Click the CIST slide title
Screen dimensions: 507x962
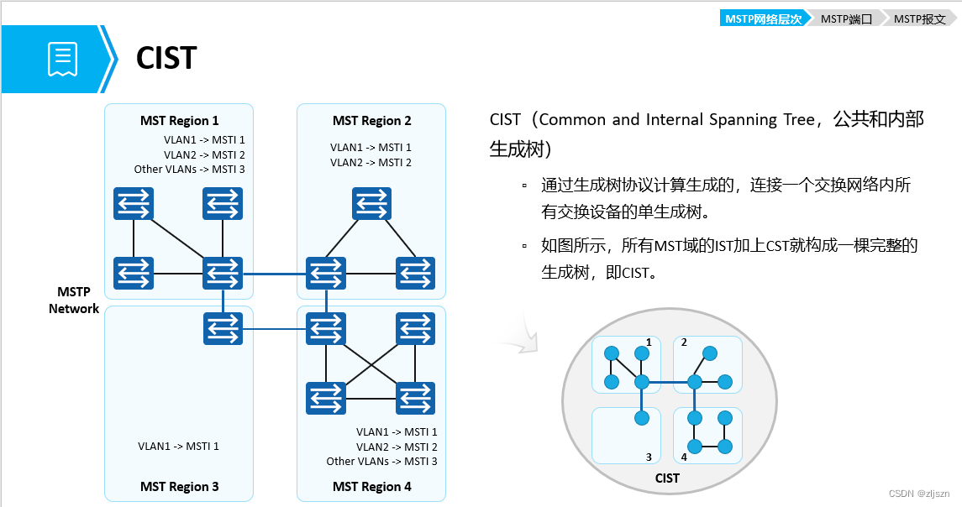(x=166, y=58)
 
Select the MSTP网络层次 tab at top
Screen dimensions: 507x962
(x=762, y=18)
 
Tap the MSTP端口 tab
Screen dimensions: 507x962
(x=846, y=18)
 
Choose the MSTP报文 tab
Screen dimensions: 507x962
(x=919, y=18)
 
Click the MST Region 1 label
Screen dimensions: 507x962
(x=179, y=121)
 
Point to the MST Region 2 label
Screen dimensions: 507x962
(x=371, y=121)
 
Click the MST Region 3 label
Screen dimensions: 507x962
(x=179, y=487)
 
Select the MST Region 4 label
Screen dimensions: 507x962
(x=371, y=487)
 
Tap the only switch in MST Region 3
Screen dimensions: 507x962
(x=223, y=327)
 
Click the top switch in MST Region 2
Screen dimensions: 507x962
(x=371, y=203)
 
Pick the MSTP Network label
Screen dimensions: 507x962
(x=74, y=301)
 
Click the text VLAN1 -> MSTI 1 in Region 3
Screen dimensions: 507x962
(x=178, y=447)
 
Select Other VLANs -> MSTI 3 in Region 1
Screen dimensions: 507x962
(x=189, y=170)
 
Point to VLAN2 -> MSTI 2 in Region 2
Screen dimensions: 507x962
(x=371, y=162)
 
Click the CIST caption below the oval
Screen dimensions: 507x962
(x=666, y=478)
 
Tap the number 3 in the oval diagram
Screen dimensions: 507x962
(x=649, y=457)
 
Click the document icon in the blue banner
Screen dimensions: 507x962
(x=62, y=59)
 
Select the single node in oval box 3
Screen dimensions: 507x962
(x=642, y=417)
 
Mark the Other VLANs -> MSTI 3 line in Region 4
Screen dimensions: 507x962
(x=381, y=462)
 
